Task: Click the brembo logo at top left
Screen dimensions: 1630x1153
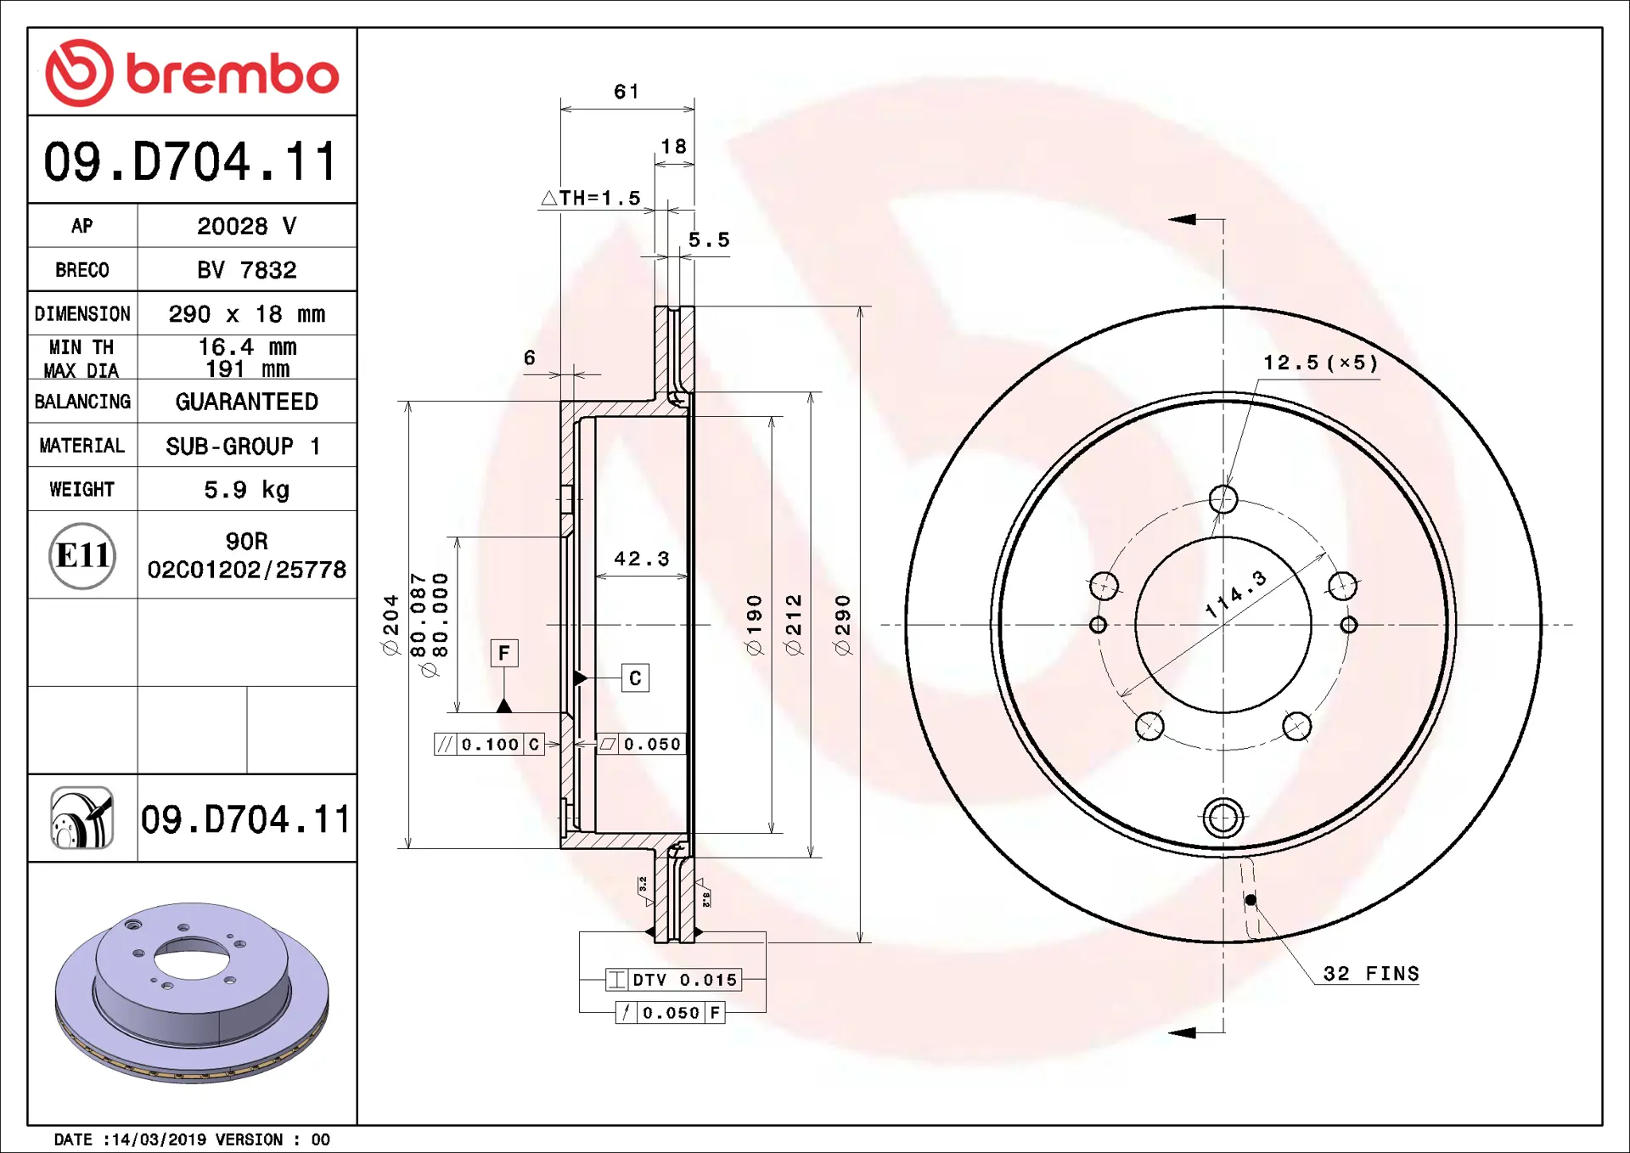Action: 192,73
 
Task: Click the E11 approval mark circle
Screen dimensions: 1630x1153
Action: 82,555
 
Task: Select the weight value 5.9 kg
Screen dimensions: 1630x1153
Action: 246,490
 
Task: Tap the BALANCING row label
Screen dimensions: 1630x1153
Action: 82,402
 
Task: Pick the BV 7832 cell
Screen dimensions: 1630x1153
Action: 246,270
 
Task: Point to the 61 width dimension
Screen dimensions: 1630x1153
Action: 627,92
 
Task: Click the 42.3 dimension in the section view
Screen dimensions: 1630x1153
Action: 642,559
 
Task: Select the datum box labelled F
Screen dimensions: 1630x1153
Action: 504,653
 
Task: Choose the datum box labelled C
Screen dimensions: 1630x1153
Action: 635,678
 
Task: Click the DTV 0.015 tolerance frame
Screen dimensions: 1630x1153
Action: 674,980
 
